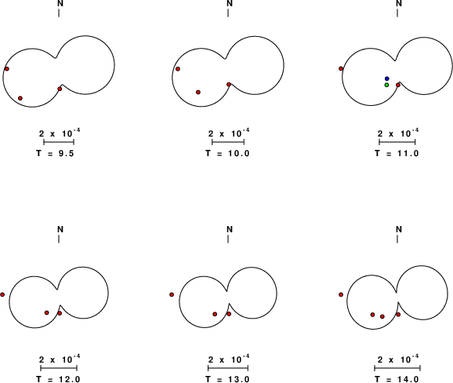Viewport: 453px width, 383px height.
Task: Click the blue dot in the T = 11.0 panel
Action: click(x=387, y=78)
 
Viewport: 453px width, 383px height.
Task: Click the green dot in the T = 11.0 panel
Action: click(x=386, y=85)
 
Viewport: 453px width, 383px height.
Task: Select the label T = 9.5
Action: click(x=55, y=153)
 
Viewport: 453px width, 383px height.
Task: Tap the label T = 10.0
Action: click(x=227, y=153)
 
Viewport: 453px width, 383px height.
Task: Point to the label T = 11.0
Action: click(x=397, y=153)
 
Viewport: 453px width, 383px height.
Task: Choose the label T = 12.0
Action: click(x=58, y=379)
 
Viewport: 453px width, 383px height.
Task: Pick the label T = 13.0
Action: click(x=227, y=379)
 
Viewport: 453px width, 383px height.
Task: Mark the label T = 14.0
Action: click(x=397, y=379)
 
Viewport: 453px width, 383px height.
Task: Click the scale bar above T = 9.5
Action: click(x=59, y=142)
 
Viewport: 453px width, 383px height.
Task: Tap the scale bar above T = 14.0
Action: click(x=397, y=368)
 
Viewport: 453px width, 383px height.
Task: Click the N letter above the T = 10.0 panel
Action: click(x=230, y=3)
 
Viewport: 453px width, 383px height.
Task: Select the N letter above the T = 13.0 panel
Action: click(x=230, y=229)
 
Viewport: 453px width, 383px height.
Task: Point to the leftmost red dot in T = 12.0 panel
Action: click(x=2, y=295)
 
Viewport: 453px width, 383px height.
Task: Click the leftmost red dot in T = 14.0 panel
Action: click(x=341, y=295)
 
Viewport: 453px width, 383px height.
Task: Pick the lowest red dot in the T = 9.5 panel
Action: click(x=20, y=98)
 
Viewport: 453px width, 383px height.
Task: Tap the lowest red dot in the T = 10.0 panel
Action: click(x=198, y=93)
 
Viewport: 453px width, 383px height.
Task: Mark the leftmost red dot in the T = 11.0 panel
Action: click(x=341, y=68)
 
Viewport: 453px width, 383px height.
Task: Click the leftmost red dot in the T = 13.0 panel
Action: click(x=172, y=295)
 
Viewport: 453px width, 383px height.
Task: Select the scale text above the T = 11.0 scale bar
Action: click(x=398, y=133)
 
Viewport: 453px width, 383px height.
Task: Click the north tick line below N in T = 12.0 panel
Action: click(x=59, y=239)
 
